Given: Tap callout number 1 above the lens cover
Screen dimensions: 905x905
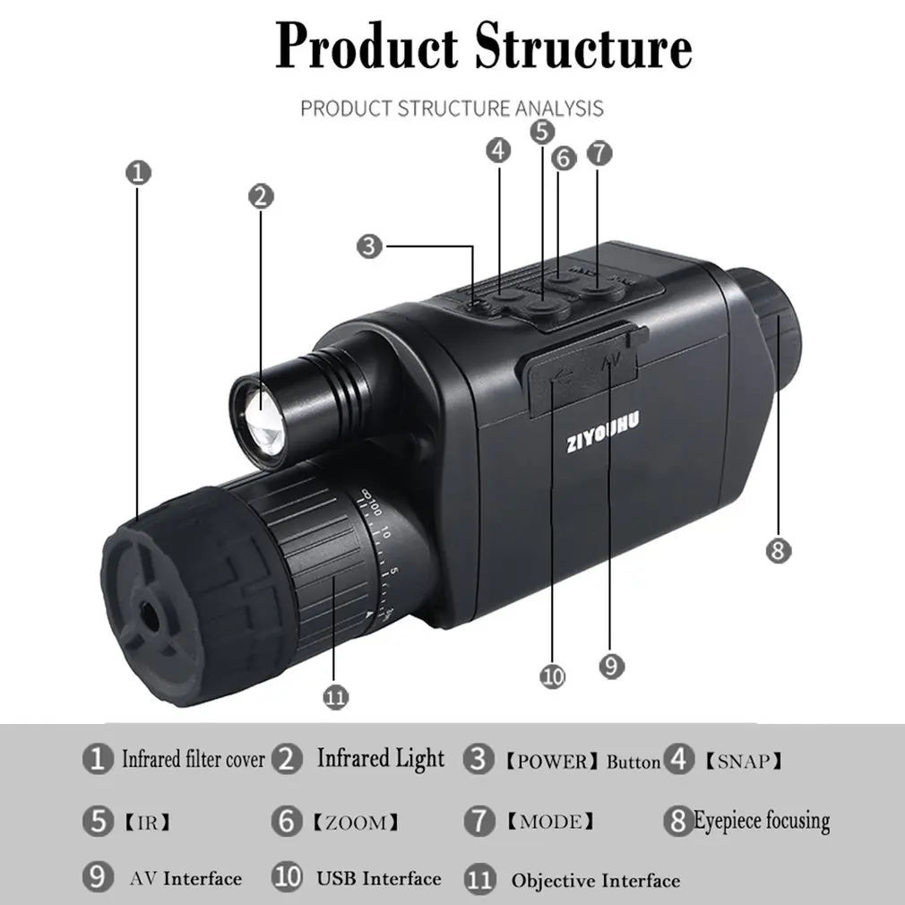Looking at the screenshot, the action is tap(139, 173).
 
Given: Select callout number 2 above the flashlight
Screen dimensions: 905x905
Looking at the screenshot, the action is tap(261, 197).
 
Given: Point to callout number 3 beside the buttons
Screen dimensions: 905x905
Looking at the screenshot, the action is tap(370, 246).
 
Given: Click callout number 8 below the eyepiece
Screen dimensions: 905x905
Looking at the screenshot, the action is tap(778, 550).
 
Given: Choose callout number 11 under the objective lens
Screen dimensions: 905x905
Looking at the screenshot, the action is tap(335, 697).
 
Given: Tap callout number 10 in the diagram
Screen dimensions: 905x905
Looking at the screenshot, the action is tap(552, 676).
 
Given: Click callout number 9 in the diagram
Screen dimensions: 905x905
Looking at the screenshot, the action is tap(611, 666).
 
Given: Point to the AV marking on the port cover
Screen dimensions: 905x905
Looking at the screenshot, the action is tap(610, 363).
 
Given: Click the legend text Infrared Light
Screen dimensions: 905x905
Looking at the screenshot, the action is tap(381, 759).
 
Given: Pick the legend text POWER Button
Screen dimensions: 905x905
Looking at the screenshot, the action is tap(582, 762).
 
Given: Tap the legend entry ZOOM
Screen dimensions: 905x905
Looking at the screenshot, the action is tap(356, 822).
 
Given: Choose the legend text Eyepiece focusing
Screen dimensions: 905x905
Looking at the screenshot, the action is tap(762, 821).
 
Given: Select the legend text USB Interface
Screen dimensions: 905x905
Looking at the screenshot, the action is tap(379, 878).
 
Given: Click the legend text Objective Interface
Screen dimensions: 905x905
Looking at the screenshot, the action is tap(596, 881).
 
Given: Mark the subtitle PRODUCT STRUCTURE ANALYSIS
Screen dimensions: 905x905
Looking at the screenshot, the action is tap(452, 108).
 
